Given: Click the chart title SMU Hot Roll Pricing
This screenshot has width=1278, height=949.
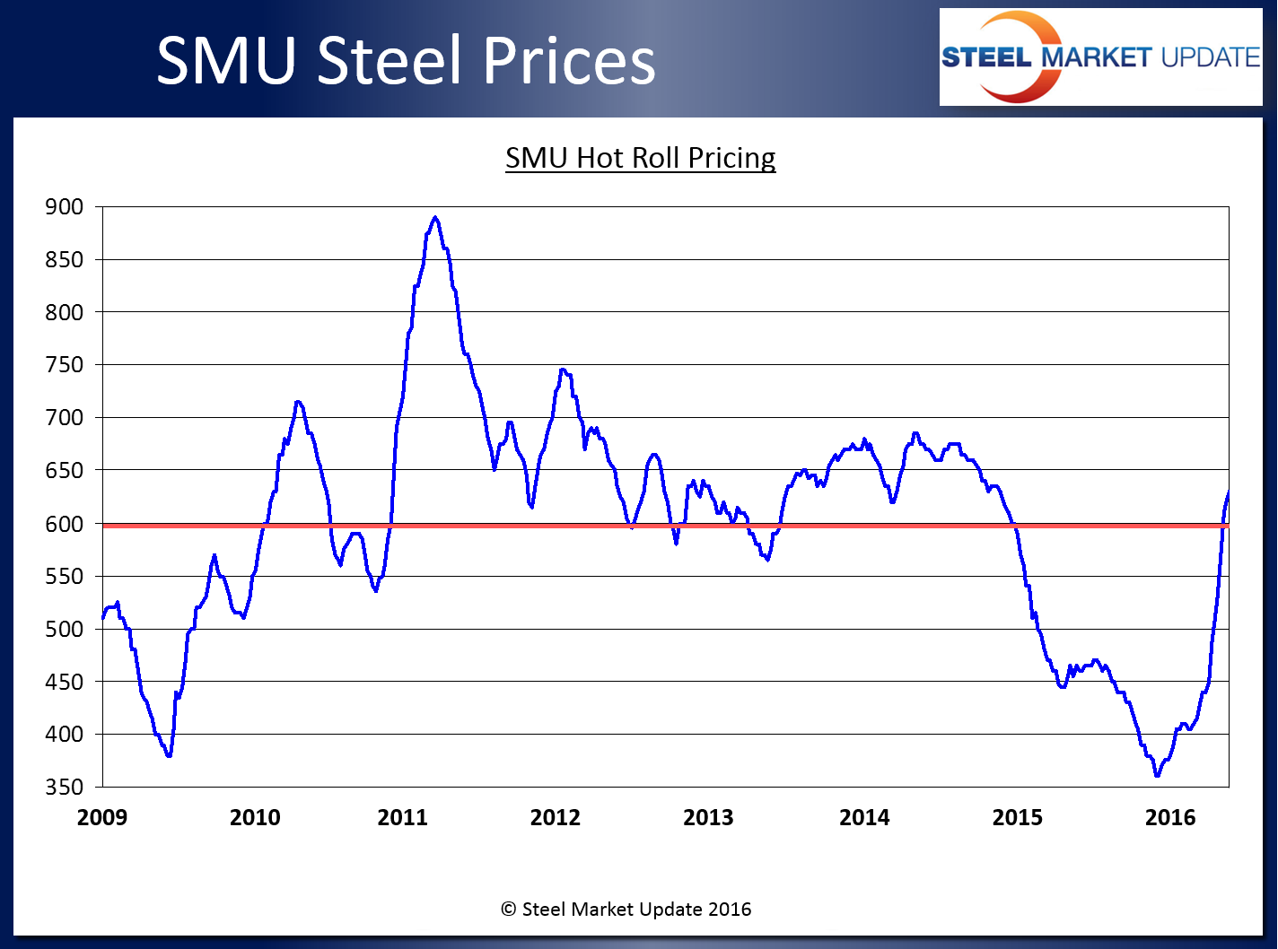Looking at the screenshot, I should (x=640, y=158).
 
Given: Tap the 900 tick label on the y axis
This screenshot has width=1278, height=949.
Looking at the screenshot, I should (x=64, y=207).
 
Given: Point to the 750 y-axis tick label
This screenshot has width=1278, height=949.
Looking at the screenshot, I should (x=64, y=365).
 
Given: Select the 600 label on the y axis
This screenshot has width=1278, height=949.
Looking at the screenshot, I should (x=64, y=524).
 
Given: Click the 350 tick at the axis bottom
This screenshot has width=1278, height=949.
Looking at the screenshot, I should (x=64, y=788).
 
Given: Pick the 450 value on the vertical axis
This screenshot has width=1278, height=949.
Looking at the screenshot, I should (x=64, y=682).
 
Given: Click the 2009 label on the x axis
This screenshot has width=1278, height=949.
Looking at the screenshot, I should (x=102, y=817).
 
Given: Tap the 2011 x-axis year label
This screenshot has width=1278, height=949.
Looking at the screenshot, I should (x=403, y=817).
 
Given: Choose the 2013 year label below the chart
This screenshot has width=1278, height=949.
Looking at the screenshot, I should (x=708, y=817).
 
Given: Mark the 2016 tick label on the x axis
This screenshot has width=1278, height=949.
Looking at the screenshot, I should (x=1170, y=817).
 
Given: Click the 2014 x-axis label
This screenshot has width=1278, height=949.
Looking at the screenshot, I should (x=864, y=817).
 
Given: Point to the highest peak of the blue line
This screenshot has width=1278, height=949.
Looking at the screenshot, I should (x=435, y=217).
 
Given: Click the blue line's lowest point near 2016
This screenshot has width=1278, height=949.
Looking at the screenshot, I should (x=1157, y=775).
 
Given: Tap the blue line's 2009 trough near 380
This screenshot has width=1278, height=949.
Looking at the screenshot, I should (x=169, y=755).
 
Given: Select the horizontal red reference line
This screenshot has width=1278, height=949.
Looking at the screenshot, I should (x=628, y=526).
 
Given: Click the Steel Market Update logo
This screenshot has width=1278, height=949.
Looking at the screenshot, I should (x=1100, y=57).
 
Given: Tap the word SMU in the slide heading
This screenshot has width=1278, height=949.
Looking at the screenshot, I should (x=226, y=61).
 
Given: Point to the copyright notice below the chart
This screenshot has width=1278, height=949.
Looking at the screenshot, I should (x=626, y=910).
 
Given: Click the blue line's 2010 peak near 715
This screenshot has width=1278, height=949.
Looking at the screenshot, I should (x=298, y=402).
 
